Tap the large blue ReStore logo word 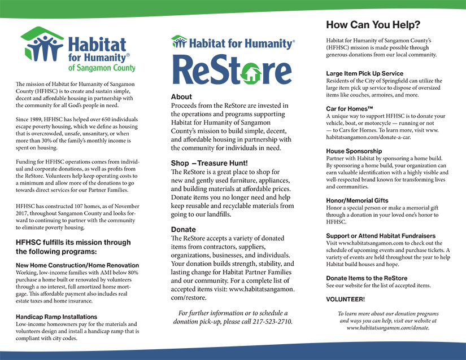click(x=232, y=70)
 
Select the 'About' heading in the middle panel click(x=181, y=96)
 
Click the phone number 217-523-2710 click(x=274, y=321)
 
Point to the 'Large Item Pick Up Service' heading click(x=364, y=73)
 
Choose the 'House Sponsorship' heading click(x=354, y=151)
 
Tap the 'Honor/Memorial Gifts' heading click(x=357, y=200)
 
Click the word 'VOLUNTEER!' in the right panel click(x=345, y=298)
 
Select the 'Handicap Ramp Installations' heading click(x=56, y=317)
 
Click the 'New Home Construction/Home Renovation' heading click(x=77, y=265)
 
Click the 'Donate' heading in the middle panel click(x=184, y=230)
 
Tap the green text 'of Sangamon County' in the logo click(x=102, y=68)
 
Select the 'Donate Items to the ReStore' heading click(x=367, y=278)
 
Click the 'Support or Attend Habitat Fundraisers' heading click(x=381, y=235)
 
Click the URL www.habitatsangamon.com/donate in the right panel click(x=387, y=327)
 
